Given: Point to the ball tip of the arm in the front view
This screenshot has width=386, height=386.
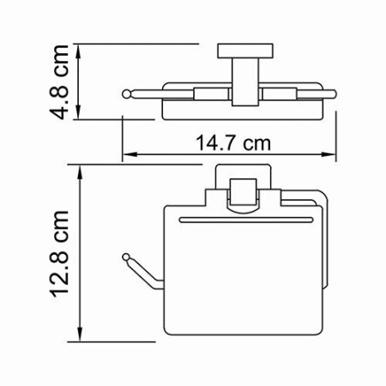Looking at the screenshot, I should click(x=129, y=256).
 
